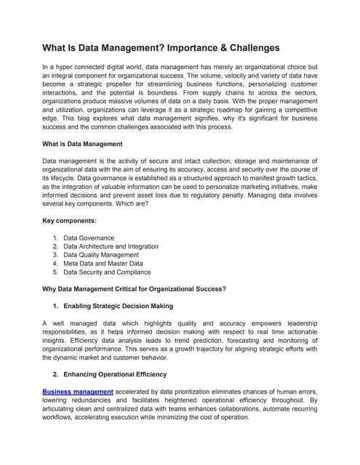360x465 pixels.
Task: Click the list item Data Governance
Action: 89,238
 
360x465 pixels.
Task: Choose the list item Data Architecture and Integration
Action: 111,246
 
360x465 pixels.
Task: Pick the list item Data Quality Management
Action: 101,255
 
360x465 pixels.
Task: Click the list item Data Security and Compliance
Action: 107,272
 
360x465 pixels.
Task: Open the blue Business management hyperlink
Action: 78,392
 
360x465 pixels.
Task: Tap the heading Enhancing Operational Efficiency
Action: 115,374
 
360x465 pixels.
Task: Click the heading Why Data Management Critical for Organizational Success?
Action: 135,288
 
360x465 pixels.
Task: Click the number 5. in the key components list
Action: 56,272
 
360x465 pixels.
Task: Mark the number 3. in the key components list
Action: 56,255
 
